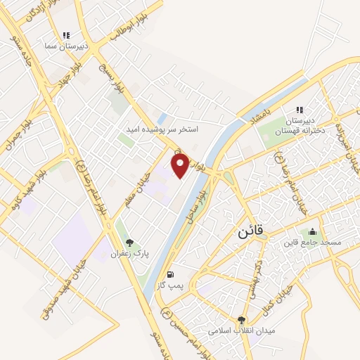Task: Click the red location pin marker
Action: click(181, 165)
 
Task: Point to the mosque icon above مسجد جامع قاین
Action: click(313, 232)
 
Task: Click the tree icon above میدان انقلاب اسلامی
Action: click(243, 319)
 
